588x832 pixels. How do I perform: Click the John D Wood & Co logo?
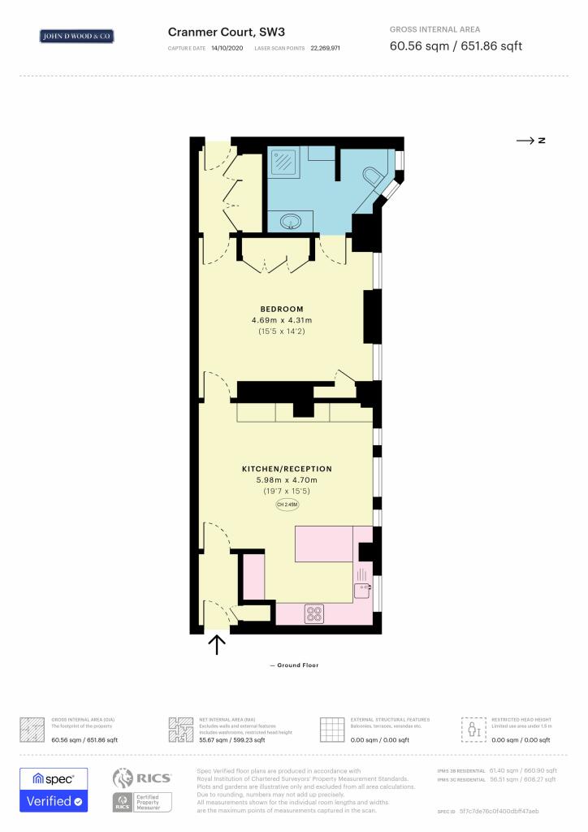tap(77, 36)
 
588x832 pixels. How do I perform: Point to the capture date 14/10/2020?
tap(227, 49)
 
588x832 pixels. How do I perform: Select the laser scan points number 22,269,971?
tap(324, 49)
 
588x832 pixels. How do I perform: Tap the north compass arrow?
tap(530, 141)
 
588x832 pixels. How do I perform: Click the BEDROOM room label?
tap(282, 309)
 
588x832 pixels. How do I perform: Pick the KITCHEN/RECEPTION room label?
tap(287, 469)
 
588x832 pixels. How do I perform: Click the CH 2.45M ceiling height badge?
tap(287, 505)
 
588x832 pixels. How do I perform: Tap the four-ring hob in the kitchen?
tap(314, 613)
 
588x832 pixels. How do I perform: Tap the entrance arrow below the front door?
tap(217, 643)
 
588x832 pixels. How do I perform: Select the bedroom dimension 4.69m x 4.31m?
tap(281, 320)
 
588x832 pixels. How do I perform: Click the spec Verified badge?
tap(54, 790)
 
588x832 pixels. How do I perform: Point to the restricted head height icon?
tap(473, 729)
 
